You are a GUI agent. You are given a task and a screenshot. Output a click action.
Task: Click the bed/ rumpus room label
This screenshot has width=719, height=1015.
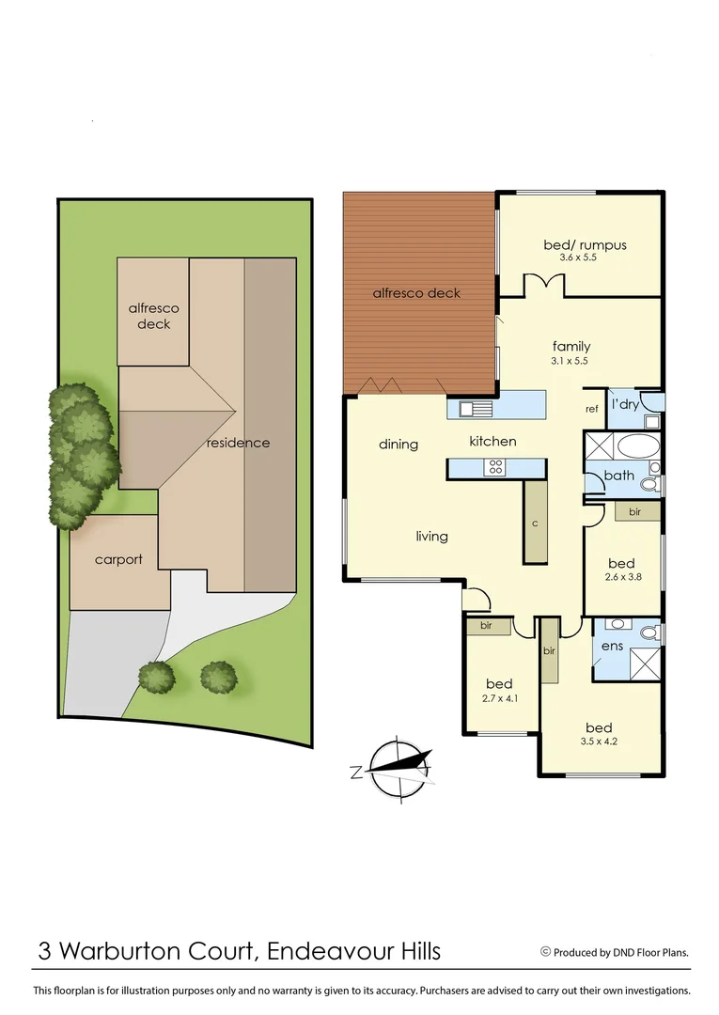[x=585, y=245]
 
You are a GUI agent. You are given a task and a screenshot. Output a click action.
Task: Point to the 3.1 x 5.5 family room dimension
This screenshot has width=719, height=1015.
[x=571, y=360]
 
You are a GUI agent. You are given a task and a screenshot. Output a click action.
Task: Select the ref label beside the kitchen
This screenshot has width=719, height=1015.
[x=591, y=409]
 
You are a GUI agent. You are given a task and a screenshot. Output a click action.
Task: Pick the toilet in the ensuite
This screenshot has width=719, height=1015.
[x=649, y=634]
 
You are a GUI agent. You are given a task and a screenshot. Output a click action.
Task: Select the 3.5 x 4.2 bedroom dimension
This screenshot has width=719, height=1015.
[x=599, y=741]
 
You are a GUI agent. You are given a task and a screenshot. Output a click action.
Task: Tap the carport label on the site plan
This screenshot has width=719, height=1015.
[x=118, y=559]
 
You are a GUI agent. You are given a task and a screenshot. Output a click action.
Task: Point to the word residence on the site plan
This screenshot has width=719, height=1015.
[x=238, y=443]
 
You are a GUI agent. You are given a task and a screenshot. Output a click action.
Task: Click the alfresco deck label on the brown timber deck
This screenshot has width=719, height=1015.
[x=416, y=293]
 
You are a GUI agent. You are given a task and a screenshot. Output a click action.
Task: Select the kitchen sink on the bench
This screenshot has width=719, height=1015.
[x=471, y=408]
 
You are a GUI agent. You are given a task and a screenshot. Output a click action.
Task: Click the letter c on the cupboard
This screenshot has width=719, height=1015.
[x=534, y=523]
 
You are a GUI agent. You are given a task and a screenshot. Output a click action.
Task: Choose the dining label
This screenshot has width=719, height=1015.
[x=399, y=444]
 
